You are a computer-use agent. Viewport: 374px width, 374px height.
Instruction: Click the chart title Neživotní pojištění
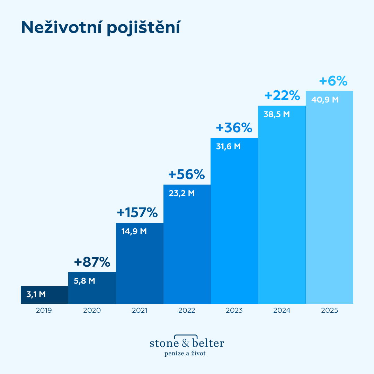100,28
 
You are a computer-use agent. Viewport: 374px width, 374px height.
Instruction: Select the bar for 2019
44,294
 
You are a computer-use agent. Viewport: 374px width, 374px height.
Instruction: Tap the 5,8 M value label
84,281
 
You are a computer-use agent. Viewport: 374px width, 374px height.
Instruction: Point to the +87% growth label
92,262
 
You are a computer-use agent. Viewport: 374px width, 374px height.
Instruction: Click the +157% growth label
137,213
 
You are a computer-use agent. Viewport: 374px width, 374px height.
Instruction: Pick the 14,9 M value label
134,231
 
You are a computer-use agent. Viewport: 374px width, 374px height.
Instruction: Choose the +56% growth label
187,175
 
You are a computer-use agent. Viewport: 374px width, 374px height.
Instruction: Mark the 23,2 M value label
182,193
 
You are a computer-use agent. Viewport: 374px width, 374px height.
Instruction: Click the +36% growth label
234,128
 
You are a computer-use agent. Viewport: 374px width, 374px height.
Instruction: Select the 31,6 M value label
228,146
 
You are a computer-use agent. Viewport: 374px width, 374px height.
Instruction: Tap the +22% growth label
282,95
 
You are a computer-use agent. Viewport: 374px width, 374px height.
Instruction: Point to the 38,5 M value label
276,114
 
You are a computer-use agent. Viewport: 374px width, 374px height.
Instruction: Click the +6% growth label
333,81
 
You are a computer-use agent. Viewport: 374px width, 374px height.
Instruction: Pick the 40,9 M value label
325,100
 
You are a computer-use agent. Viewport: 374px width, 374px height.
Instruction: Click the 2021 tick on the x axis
140,311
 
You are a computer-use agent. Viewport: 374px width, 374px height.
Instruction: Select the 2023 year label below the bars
234,311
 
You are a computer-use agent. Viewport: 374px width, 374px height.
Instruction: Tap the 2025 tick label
329,311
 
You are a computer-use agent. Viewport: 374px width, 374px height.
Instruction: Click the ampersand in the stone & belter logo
186,343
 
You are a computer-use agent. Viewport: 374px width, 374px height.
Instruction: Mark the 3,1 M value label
36,295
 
